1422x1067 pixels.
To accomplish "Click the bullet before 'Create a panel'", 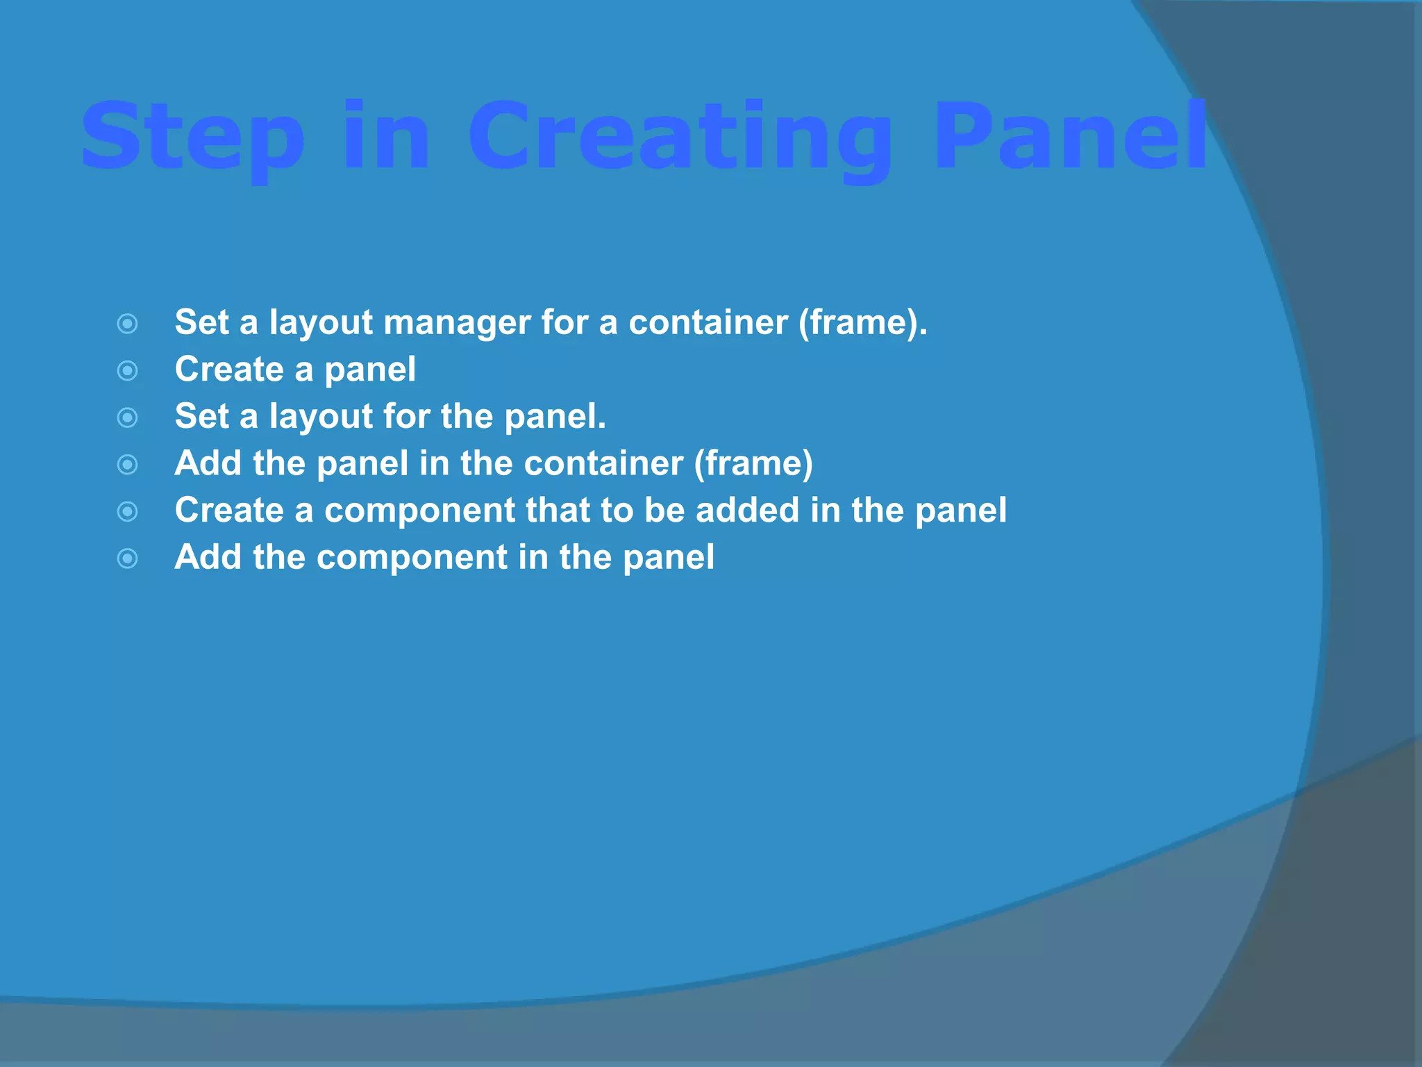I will (128, 371).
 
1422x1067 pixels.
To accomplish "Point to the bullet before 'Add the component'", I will (128, 559).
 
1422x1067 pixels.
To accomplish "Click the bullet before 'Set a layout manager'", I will (128, 324).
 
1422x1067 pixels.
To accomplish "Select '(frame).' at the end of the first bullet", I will (862, 322).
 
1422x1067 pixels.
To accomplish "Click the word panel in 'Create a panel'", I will (370, 370).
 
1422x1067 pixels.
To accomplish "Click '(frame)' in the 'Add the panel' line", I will (753, 463).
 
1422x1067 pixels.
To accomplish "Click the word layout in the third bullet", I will (321, 417).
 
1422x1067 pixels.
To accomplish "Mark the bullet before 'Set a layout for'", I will (128, 417).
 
